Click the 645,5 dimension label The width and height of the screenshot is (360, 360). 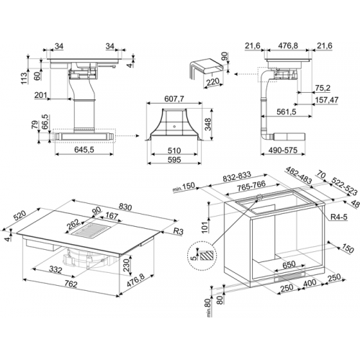coord(84,150)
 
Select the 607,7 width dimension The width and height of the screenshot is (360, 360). coord(174,99)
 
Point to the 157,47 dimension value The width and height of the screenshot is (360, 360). coord(326,99)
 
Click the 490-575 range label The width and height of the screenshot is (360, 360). coord(283,150)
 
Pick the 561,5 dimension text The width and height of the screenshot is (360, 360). coord(287,112)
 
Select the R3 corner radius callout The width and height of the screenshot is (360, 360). coord(178,231)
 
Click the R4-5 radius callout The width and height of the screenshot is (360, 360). coord(339,217)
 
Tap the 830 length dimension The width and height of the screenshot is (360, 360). coord(125,207)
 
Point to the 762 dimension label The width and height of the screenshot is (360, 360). coord(71,284)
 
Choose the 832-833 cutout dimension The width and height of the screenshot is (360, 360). coord(237,176)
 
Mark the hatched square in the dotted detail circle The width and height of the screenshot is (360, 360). coord(207,256)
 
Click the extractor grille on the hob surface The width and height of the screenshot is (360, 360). coord(90,230)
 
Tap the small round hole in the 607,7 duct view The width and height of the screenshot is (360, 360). coord(174,125)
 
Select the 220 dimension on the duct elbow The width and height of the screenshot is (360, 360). coord(213,82)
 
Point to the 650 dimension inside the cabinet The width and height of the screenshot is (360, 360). coord(289,264)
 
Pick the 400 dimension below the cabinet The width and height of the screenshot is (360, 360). coord(310,283)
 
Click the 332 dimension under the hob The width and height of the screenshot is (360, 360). coord(55,270)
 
